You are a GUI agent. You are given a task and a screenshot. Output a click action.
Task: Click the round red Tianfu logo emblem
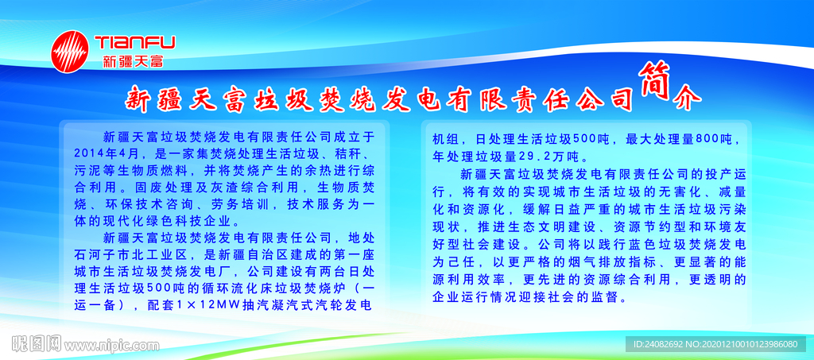click(x=70, y=52)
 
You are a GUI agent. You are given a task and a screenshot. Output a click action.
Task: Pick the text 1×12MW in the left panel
click(x=209, y=305)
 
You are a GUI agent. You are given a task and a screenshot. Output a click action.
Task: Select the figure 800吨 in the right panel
click(x=710, y=139)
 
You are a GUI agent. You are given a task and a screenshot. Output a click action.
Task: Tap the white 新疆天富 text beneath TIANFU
click(x=133, y=61)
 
